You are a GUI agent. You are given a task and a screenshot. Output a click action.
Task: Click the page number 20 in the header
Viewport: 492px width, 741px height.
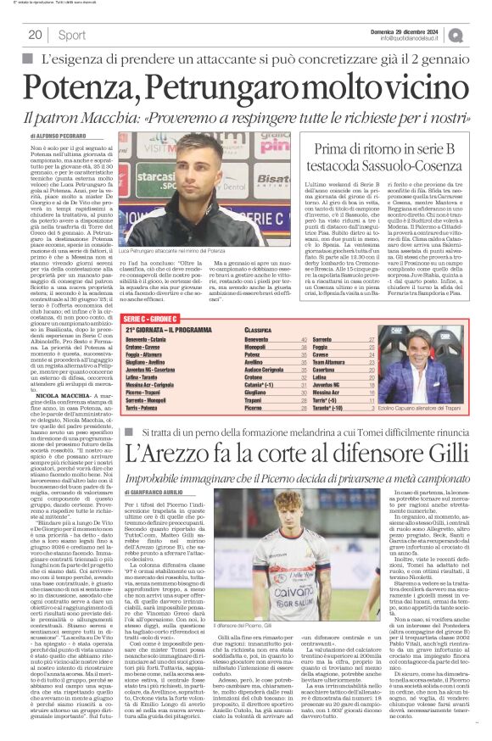pos(35,35)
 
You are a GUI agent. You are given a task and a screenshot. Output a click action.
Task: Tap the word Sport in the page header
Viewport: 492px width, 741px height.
pos(72,35)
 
